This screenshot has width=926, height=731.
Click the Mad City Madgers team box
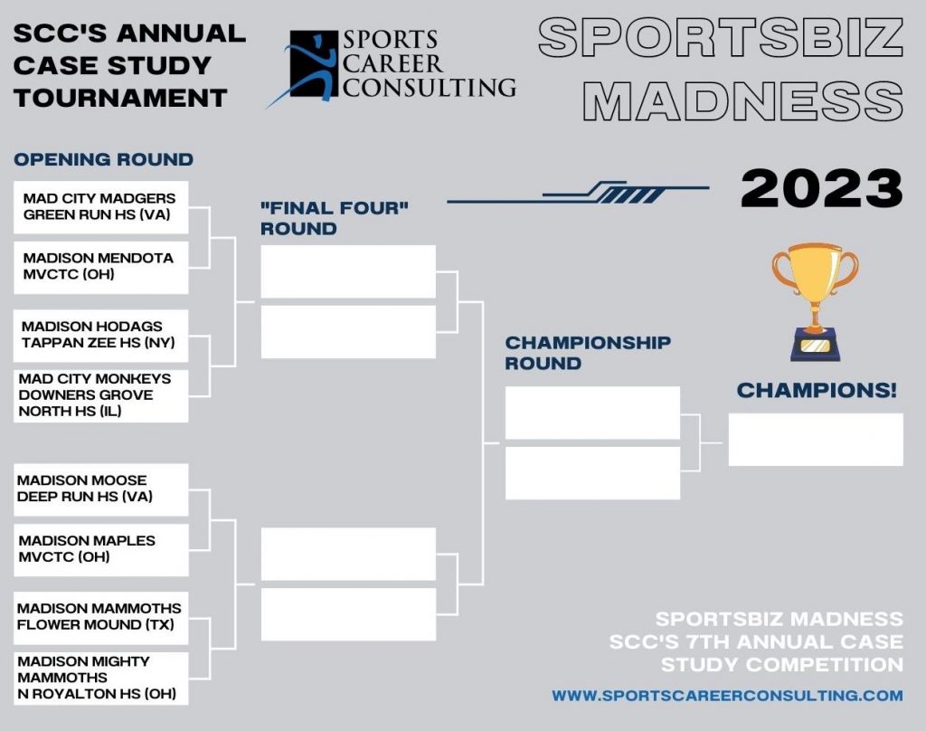coord(101,207)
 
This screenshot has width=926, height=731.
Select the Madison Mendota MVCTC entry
coord(101,267)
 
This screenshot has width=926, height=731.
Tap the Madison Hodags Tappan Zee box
coord(101,336)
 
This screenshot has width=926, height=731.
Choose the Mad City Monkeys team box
coord(101,396)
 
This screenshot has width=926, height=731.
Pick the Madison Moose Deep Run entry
coord(101,489)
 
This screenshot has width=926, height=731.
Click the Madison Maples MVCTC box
coord(101,549)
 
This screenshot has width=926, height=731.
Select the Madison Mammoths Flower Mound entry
coord(101,618)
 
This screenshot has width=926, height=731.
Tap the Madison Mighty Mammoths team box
coord(101,679)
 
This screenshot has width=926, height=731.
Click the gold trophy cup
coord(815,301)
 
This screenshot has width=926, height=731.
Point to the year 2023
coord(821,189)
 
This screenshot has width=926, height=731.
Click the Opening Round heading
coord(103,159)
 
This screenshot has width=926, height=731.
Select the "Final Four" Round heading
coord(335,218)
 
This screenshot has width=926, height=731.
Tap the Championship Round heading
coord(588,353)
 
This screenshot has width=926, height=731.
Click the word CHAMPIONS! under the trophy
coord(817,390)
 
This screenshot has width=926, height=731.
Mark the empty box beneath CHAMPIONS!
coord(816,440)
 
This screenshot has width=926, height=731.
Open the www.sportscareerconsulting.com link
coord(727,695)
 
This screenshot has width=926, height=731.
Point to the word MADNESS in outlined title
coord(743,101)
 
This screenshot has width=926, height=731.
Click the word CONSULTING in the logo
coord(430,88)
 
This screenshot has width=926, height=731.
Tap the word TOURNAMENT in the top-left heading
coord(120,98)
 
